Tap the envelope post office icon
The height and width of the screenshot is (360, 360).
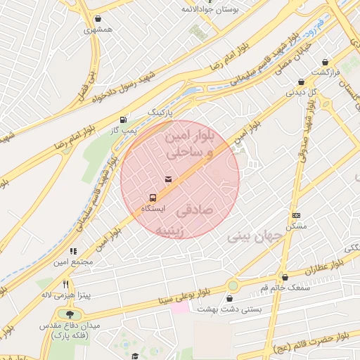[x=168, y=179]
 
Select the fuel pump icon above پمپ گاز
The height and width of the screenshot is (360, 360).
[x=124, y=120]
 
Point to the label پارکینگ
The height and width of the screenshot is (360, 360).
[x=160, y=112]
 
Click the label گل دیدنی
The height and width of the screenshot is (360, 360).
[x=300, y=92]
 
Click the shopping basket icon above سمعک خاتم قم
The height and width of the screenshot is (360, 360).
[x=285, y=277]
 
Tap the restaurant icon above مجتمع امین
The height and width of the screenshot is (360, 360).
[x=72, y=250]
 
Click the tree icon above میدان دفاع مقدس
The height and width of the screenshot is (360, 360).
[x=69, y=314]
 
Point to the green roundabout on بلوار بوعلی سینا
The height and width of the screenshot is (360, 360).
[x=233, y=285]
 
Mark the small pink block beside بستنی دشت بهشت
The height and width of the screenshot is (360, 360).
[x=180, y=308]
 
